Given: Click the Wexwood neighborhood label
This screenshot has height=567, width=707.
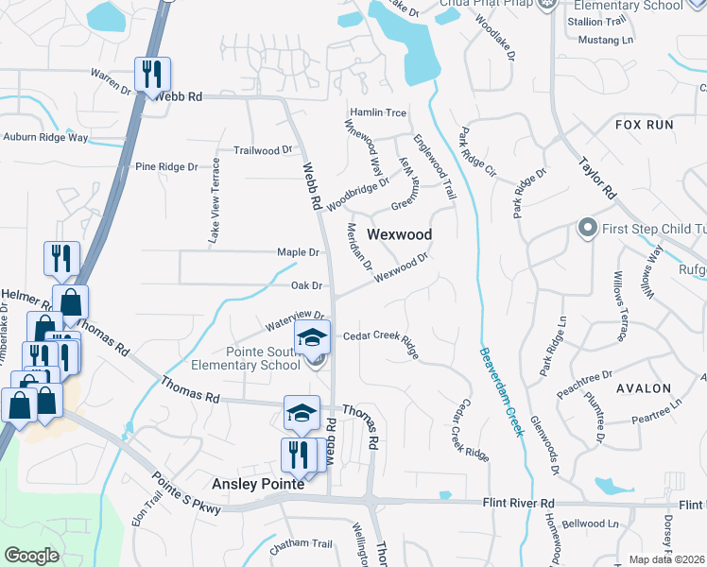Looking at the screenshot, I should click(x=399, y=234).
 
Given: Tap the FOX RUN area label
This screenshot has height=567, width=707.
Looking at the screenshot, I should click(x=644, y=125).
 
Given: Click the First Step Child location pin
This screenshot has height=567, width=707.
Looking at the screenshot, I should click(x=587, y=228).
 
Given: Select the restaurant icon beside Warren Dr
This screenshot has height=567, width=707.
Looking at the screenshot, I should click(x=152, y=74).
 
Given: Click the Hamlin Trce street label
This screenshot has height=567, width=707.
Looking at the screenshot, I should click(x=378, y=112).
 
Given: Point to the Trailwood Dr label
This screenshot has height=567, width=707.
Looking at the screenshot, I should click(x=263, y=150).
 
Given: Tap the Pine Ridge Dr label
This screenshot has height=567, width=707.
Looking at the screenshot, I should click(x=166, y=167).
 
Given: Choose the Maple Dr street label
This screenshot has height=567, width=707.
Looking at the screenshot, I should click(x=298, y=252).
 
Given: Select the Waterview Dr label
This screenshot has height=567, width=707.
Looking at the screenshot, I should click(x=295, y=322).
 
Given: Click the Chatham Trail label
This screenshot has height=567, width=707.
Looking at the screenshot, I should click(x=302, y=544).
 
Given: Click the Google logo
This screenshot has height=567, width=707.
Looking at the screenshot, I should click(x=31, y=556).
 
